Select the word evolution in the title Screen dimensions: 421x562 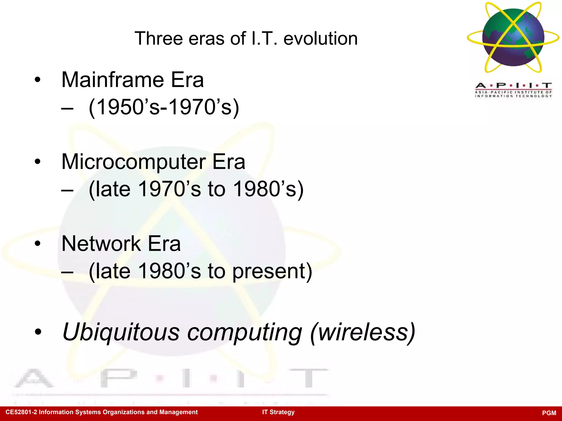click(321, 38)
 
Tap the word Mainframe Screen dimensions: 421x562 click(113, 80)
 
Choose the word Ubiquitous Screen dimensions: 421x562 click(121, 332)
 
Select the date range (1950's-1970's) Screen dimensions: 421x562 click(164, 107)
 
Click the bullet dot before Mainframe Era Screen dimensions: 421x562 click(38, 80)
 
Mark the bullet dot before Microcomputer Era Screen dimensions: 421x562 click(38, 162)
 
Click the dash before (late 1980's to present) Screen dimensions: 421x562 click(67, 272)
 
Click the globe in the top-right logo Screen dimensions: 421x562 click(513, 38)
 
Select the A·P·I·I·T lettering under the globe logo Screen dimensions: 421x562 click(513, 86)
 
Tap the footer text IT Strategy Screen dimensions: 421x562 click(278, 412)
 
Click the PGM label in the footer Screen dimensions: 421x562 click(549, 413)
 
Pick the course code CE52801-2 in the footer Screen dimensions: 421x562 click(21, 412)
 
